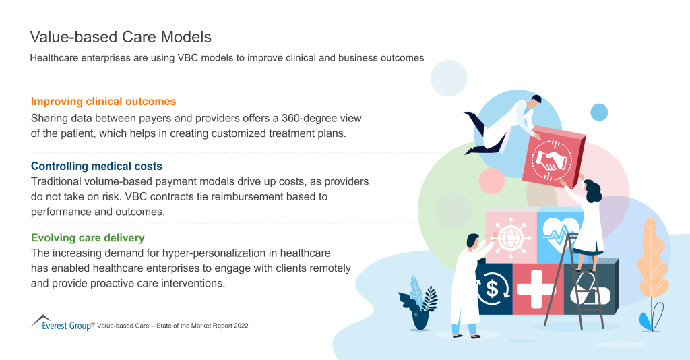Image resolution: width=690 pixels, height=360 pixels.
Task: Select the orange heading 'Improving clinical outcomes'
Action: coord(103,102)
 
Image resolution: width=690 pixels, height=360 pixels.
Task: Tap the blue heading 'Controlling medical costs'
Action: coord(96,166)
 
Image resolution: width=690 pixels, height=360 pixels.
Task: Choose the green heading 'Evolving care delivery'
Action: coord(88,238)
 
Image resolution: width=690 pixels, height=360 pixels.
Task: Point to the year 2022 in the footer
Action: coord(237,326)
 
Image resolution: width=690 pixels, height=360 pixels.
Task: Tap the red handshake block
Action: coord(551,158)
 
